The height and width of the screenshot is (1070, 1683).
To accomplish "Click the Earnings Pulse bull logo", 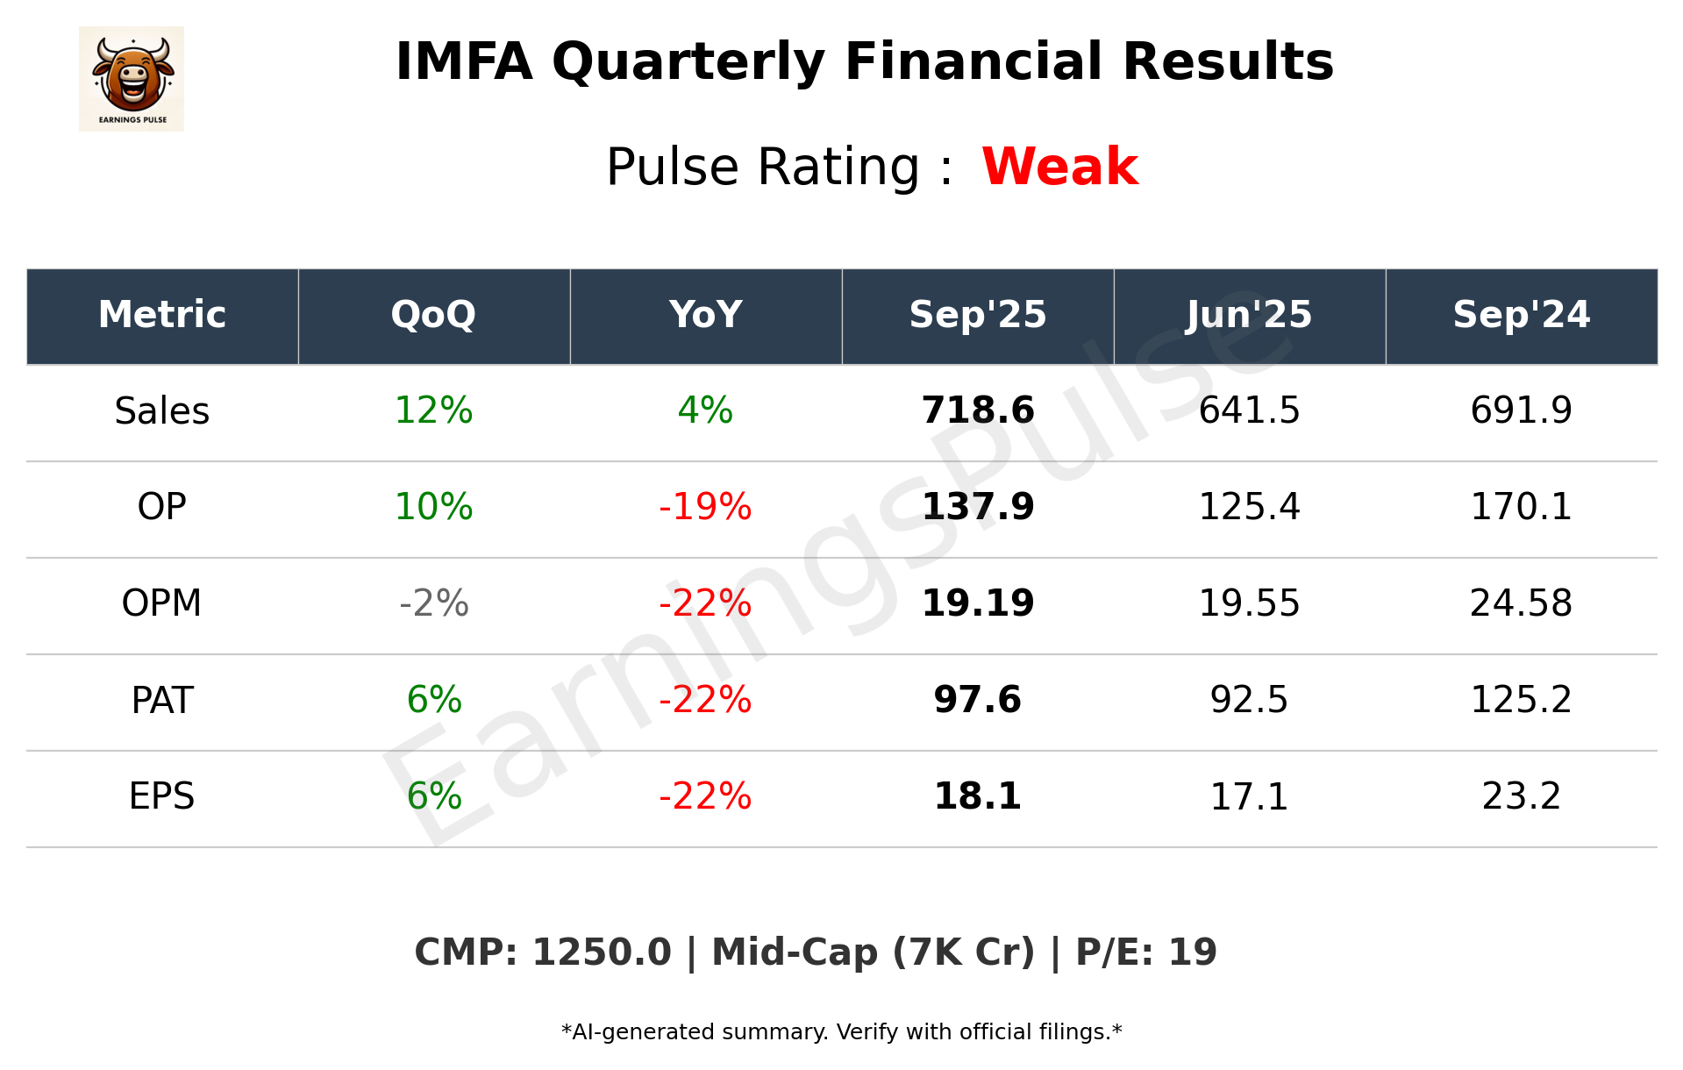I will pyautogui.click(x=132, y=78).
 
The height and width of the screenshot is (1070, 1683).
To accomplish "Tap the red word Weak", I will pyautogui.click(x=1059, y=167).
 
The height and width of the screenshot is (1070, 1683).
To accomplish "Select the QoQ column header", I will pyautogui.click(x=433, y=315).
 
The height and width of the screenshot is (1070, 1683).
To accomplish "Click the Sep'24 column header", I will pyautogui.click(x=1521, y=315).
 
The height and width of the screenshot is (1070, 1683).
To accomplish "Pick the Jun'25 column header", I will pyautogui.click(x=1249, y=315).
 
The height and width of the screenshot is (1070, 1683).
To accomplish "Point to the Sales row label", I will pyautogui.click(x=162, y=410).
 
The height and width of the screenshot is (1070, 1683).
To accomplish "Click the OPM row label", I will pyautogui.click(x=162, y=603).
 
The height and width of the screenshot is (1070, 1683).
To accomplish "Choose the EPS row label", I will pyautogui.click(x=162, y=796).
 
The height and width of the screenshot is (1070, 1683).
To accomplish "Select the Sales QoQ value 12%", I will pyautogui.click(x=433, y=410).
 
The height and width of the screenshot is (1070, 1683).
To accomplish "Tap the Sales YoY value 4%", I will pyautogui.click(x=705, y=410).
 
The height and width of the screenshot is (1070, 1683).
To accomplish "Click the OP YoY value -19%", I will pyautogui.click(x=705, y=507).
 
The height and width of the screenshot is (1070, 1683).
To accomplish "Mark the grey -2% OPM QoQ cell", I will pyautogui.click(x=433, y=603).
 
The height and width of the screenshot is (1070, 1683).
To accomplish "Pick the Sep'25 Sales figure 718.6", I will pyautogui.click(x=978, y=410).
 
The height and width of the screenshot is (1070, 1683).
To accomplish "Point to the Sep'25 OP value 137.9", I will pyautogui.click(x=978, y=507).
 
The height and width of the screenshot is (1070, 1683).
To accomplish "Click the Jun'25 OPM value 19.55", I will pyautogui.click(x=1249, y=603).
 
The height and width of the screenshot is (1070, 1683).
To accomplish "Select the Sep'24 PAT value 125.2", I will pyautogui.click(x=1521, y=700).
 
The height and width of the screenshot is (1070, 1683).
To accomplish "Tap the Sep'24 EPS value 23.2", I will pyautogui.click(x=1521, y=796).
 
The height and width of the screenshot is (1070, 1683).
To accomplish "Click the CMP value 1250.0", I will pyautogui.click(x=602, y=952).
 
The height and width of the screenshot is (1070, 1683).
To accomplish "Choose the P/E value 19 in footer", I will pyautogui.click(x=1193, y=952).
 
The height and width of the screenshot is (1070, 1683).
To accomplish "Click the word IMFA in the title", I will pyautogui.click(x=464, y=62).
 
